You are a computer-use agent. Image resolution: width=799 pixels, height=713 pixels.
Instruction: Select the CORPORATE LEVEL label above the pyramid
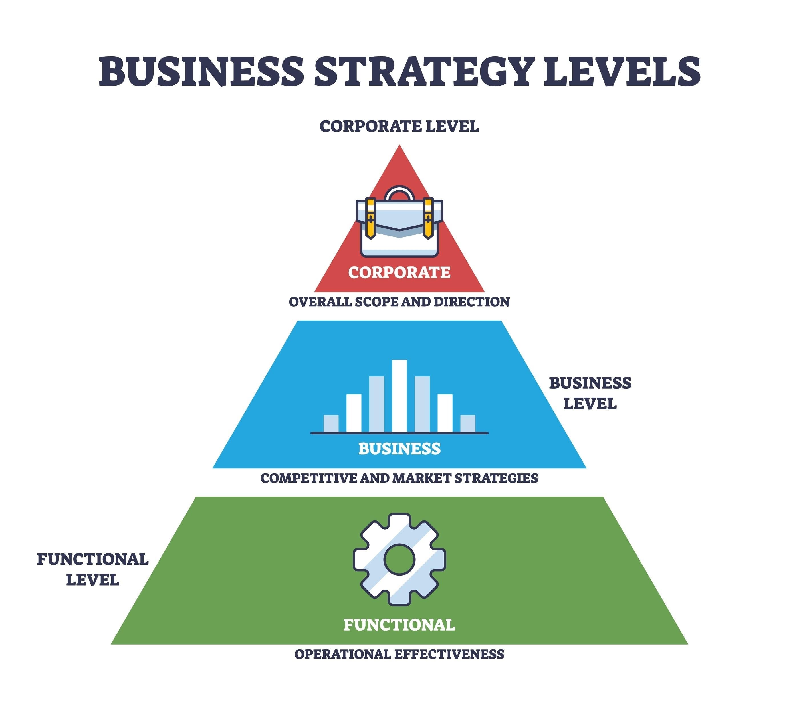pyautogui.click(x=399, y=126)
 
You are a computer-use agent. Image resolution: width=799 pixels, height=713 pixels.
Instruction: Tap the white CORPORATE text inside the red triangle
pyautogui.click(x=399, y=272)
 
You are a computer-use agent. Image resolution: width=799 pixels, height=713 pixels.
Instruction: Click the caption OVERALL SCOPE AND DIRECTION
pyautogui.click(x=399, y=302)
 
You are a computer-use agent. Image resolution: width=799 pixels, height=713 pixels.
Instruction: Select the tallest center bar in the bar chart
pyautogui.click(x=399, y=396)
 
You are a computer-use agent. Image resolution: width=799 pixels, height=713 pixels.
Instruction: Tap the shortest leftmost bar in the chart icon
pyautogui.click(x=331, y=424)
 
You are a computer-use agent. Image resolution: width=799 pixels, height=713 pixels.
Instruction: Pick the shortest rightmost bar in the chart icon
pyautogui.click(x=468, y=424)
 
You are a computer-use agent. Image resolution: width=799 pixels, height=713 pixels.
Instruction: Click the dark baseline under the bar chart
pyautogui.click(x=399, y=433)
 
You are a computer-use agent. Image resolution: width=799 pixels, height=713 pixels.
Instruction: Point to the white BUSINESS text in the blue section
pyautogui.click(x=399, y=449)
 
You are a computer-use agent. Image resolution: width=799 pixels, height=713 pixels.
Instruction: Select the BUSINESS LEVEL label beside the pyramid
pyautogui.click(x=590, y=393)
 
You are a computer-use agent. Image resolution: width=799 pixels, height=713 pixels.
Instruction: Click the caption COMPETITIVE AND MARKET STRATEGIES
pyautogui.click(x=399, y=478)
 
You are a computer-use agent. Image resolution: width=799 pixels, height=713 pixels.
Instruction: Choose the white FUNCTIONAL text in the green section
pyautogui.click(x=399, y=625)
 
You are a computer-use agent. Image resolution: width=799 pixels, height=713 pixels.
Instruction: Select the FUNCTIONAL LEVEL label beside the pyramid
pyautogui.click(x=92, y=569)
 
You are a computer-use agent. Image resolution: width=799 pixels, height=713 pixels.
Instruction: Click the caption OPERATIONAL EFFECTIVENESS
pyautogui.click(x=399, y=654)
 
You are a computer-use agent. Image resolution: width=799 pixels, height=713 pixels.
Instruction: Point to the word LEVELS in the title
pyautogui.click(x=622, y=72)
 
